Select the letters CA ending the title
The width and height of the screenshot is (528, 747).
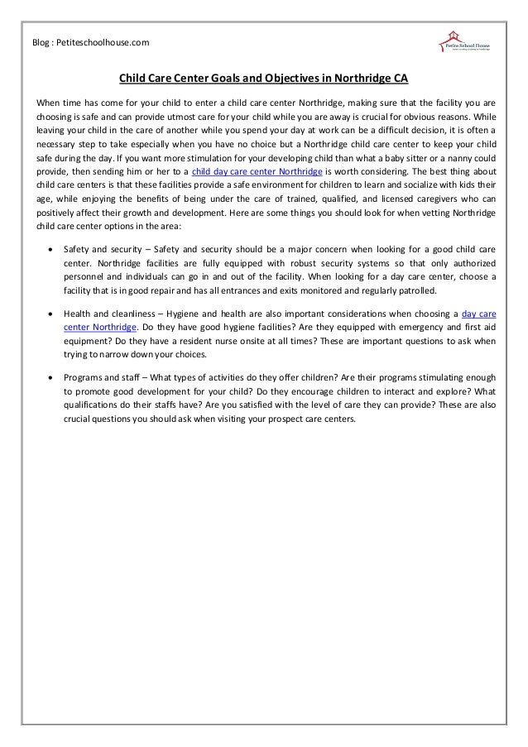click(x=400, y=79)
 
